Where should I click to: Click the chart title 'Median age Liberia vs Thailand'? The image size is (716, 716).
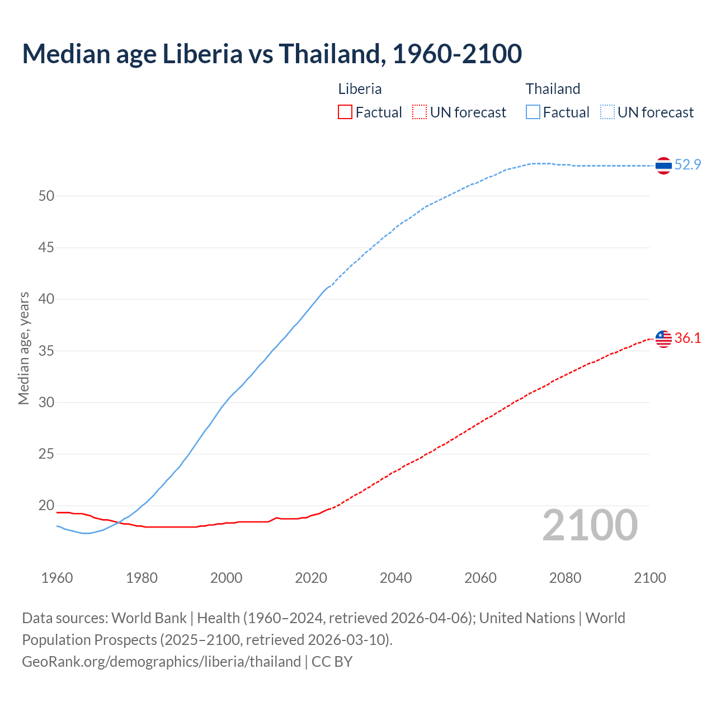coord(272,54)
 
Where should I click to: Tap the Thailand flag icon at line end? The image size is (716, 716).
coord(663,166)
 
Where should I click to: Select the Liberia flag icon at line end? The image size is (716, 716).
coord(663,338)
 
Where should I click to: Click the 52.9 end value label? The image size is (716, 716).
coord(687,164)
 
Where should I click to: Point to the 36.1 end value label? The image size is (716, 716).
coord(687,338)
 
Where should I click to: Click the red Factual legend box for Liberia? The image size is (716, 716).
coord(345,112)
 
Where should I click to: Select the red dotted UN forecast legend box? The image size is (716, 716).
coord(420,112)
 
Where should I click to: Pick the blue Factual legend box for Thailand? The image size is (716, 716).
coord(533,112)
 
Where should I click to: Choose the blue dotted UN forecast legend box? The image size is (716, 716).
coord(607,112)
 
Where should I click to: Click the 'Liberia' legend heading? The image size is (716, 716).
coord(360,89)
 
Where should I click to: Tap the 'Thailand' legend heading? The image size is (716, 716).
coord(553,89)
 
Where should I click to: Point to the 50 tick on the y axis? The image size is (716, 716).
coord(46,196)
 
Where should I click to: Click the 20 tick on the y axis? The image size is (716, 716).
coord(46,506)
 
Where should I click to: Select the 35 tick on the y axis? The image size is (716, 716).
coord(46,351)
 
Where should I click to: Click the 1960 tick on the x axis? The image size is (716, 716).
coord(57,578)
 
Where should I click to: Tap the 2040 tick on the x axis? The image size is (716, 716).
coord(395,578)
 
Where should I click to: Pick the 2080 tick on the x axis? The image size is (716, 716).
coord(565,578)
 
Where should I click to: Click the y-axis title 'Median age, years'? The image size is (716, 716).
coord(23,348)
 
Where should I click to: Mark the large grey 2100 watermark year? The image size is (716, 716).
coord(590,525)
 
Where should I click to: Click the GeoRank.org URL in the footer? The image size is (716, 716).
coord(161,662)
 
